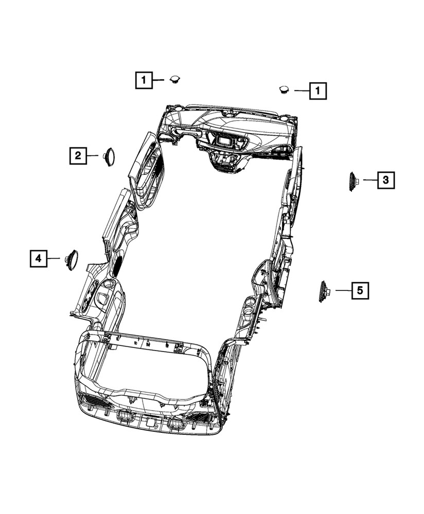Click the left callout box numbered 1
144,80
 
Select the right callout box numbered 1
318,91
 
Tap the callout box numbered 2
78,155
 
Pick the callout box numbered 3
386,180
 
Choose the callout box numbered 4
38,259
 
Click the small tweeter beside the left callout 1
175,79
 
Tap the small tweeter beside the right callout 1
284,89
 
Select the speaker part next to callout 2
109,156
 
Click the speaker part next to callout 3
354,181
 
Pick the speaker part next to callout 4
72,260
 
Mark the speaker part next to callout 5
324,291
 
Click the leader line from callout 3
370,180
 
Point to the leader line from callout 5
343,291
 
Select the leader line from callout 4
54,259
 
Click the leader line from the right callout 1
302,91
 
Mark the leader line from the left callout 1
159,80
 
